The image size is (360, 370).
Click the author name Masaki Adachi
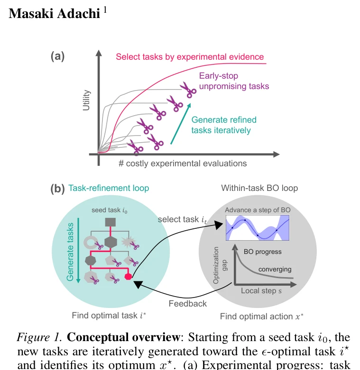(55, 14)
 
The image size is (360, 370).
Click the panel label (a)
(57, 57)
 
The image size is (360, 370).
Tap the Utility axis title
(86, 100)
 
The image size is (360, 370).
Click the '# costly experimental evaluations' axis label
(183, 163)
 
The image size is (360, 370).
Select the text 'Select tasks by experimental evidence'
(190, 57)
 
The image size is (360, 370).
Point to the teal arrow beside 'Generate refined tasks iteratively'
(181, 124)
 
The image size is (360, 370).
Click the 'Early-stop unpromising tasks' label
(234, 81)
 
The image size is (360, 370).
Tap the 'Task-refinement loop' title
(109, 188)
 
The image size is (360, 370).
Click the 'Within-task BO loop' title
(259, 188)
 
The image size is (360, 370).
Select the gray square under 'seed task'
(111, 222)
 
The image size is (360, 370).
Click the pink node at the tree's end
(128, 276)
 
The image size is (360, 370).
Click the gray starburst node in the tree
(128, 242)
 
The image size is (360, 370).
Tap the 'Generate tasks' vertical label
(70, 252)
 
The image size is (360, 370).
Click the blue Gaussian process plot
(258, 228)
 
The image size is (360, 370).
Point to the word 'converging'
(275, 269)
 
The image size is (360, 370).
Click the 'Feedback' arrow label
(187, 304)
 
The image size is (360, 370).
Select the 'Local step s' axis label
(261, 291)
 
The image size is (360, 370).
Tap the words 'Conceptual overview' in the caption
(123, 337)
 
